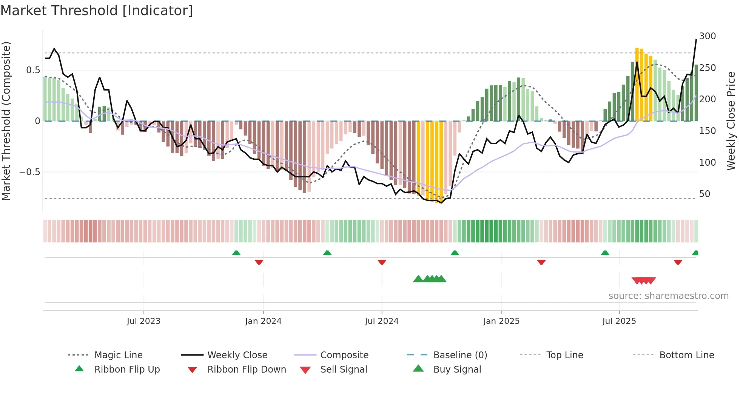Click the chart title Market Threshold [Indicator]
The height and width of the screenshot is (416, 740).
pyautogui.click(x=97, y=11)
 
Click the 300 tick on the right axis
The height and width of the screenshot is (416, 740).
pyautogui.click(x=707, y=36)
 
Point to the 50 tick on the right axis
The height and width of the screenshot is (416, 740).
pyautogui.click(x=705, y=194)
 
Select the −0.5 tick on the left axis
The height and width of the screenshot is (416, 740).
pyautogui.click(x=29, y=172)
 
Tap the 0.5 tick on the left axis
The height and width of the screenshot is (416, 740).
pyautogui.click(x=33, y=70)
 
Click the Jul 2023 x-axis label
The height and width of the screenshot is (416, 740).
pyautogui.click(x=143, y=321)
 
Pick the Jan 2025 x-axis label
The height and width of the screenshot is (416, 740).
pyautogui.click(x=501, y=321)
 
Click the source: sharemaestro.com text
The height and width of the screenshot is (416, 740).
pyautogui.click(x=668, y=296)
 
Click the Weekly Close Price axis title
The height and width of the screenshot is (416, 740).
pyautogui.click(x=731, y=121)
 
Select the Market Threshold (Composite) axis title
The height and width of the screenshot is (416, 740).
pyautogui.click(x=6, y=121)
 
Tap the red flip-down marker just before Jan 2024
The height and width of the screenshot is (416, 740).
pyautogui.click(x=259, y=262)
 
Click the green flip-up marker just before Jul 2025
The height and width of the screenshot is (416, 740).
pyautogui.click(x=605, y=253)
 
